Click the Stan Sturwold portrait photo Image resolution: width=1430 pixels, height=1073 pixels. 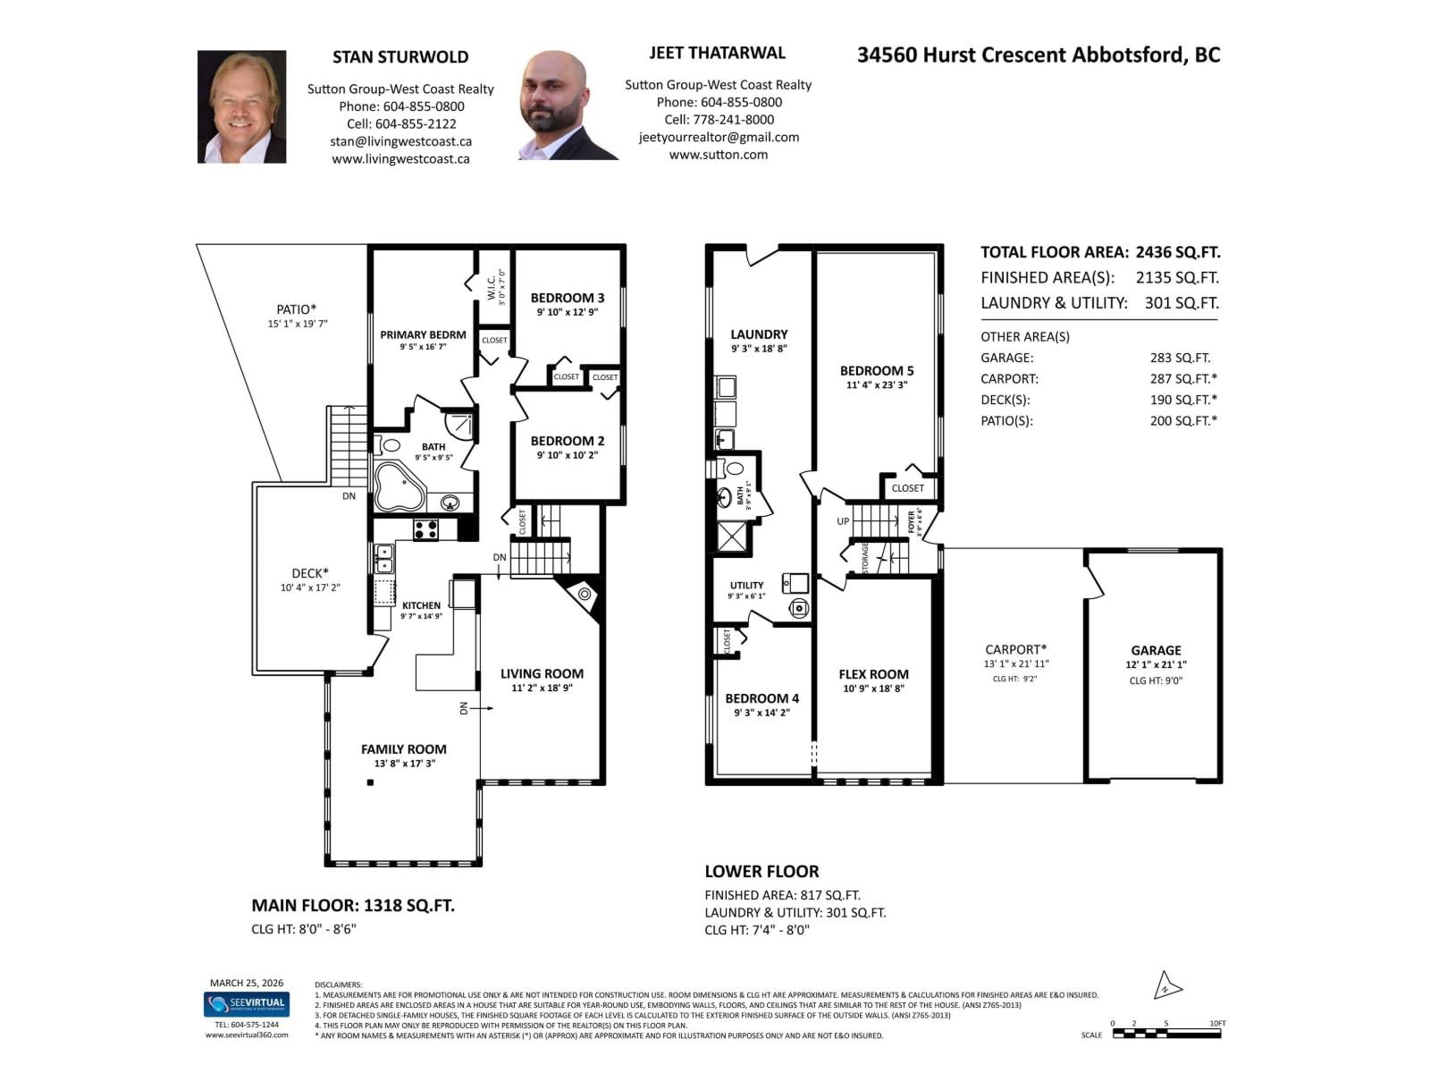coord(241,106)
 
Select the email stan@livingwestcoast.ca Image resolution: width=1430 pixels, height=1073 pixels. coord(400,141)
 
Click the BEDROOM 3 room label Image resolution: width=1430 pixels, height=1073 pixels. coord(568,298)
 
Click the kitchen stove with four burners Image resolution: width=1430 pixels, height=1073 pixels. coord(425,529)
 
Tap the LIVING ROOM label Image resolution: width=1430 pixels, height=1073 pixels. coord(542,673)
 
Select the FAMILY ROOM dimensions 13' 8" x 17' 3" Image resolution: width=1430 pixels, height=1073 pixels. coord(404,764)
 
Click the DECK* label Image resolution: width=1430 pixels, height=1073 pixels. coord(310,573)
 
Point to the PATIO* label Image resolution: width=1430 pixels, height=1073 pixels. coord(297,309)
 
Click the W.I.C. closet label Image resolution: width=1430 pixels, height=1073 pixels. coord(492,287)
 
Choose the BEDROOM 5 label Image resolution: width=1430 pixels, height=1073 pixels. coord(877,370)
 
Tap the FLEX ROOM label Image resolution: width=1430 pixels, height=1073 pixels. coord(873,674)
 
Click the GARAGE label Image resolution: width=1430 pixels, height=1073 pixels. coord(1156,650)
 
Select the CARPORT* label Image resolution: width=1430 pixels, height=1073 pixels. coord(1015,649)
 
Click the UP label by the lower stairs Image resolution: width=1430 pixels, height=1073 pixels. coord(843,521)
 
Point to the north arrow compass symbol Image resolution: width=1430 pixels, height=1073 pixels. coord(1167,986)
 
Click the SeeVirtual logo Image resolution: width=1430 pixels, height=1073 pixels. coord(246,1003)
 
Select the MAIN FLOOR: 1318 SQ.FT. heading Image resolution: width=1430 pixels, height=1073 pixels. coord(353,905)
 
